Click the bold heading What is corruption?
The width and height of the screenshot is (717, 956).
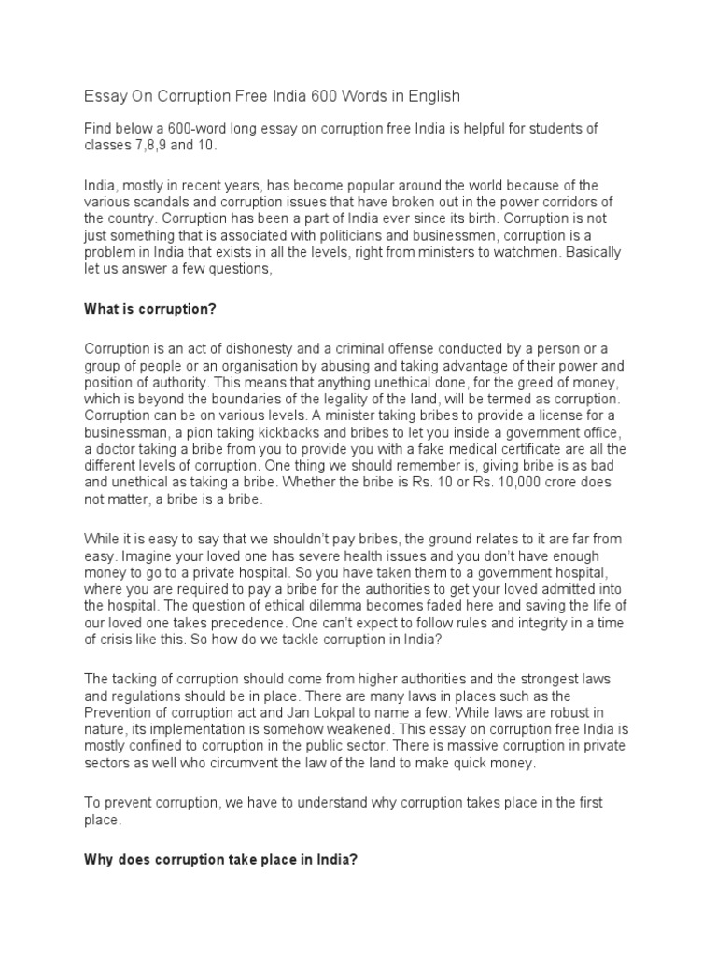click(x=149, y=309)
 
